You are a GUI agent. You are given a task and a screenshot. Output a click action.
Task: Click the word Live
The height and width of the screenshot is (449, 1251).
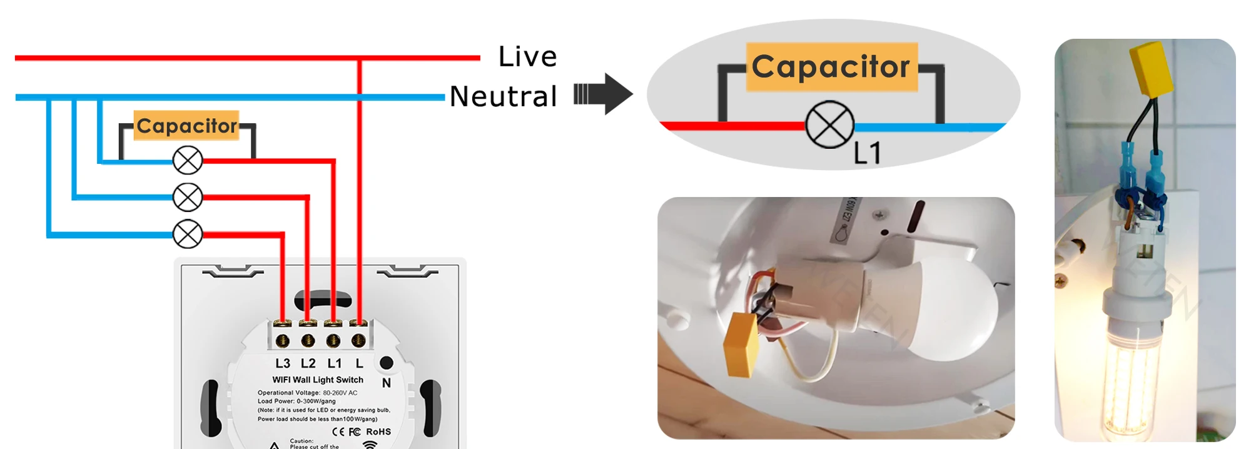click(527, 57)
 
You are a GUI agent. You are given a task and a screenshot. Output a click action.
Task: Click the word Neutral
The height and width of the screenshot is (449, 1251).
click(503, 97)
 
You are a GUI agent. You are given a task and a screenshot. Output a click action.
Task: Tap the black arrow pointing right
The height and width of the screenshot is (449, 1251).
click(604, 94)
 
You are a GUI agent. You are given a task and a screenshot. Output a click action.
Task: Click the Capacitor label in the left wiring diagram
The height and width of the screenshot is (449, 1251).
click(186, 126)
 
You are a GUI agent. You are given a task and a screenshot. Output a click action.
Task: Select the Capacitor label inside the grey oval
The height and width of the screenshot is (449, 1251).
click(831, 67)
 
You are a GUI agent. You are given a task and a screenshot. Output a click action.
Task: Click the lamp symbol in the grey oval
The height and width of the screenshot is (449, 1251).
click(829, 125)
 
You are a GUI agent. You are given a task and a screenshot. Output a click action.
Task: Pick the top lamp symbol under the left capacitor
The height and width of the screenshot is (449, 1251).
click(187, 161)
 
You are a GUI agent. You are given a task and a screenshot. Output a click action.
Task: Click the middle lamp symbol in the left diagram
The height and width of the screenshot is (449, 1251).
click(187, 198)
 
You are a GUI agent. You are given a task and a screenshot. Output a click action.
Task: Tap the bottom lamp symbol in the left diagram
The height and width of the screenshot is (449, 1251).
click(187, 235)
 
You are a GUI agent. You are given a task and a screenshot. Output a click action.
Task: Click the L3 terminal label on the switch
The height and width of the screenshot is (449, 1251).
click(283, 363)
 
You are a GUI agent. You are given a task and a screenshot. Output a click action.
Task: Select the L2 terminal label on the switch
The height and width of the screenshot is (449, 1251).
click(308, 363)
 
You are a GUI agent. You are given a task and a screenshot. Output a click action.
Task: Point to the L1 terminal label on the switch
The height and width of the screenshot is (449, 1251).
click(335, 363)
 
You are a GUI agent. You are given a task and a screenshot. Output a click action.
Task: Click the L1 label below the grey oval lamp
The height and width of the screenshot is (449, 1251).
click(868, 153)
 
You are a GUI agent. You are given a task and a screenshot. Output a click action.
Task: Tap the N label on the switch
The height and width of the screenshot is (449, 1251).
click(387, 383)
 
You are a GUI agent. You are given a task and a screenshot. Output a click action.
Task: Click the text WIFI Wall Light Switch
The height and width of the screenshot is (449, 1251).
click(318, 380)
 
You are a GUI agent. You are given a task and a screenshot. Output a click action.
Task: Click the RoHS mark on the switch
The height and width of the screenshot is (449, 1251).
click(378, 431)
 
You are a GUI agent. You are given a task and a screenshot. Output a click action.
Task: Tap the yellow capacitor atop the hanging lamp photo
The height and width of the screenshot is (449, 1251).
click(1151, 69)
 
